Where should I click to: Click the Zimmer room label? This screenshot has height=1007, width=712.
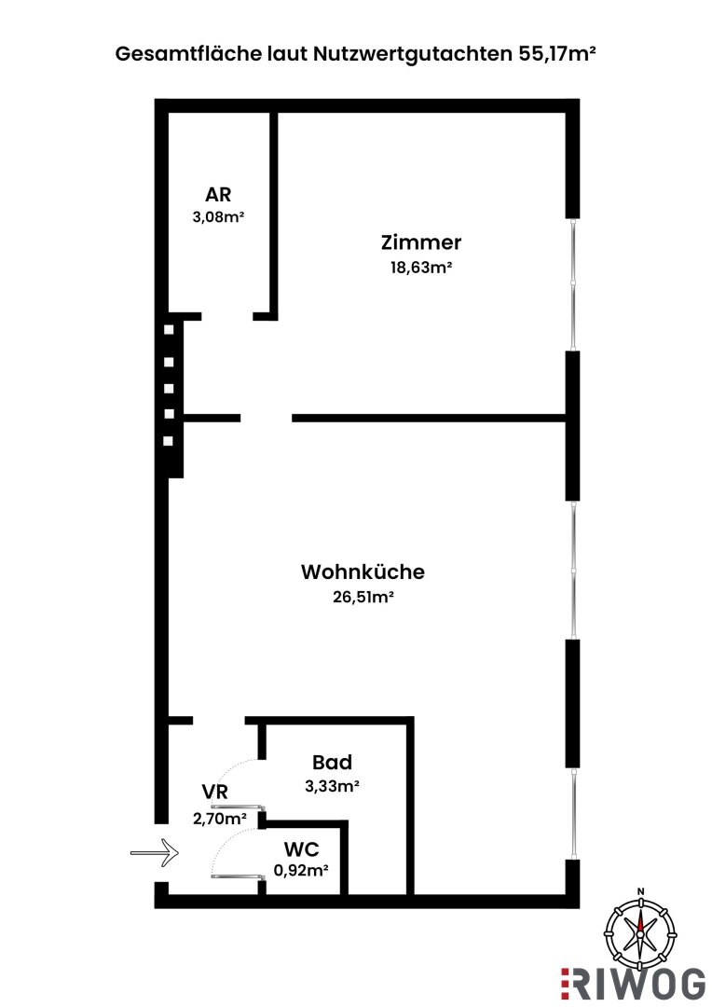click(421, 243)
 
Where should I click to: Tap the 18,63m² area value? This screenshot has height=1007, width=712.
click(421, 267)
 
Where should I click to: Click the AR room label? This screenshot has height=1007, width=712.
click(218, 195)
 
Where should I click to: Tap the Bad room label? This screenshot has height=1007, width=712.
click(332, 763)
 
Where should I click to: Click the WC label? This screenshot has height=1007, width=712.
click(304, 849)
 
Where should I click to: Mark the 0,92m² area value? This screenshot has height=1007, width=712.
click(304, 871)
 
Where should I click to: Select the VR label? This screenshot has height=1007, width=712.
click(215, 793)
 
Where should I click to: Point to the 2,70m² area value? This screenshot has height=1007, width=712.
click(220, 818)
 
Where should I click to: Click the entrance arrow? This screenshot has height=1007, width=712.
click(153, 849)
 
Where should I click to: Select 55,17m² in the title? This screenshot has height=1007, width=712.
click(555, 54)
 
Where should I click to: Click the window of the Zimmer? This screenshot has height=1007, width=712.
click(574, 285)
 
